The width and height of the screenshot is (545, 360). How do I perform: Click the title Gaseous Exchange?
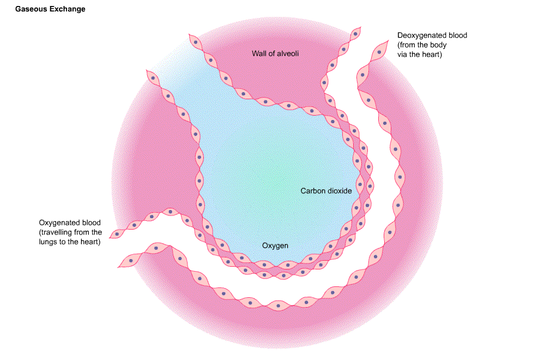tap(50, 9)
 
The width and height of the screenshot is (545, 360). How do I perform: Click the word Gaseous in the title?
tap(31, 9)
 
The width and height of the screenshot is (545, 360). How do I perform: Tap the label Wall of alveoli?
tap(275, 53)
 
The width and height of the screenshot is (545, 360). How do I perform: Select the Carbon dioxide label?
tap(326, 191)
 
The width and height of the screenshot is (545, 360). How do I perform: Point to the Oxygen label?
tap(275, 246)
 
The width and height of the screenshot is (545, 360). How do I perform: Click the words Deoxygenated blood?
tap(432, 35)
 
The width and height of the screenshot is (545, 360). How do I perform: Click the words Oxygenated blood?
tap(70, 223)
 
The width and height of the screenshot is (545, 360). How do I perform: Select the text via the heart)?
tap(419, 55)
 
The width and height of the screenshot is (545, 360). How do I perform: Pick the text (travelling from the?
tap(70, 232)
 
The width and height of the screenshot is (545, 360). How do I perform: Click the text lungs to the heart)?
tap(70, 242)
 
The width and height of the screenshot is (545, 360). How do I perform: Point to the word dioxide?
tap(340, 191)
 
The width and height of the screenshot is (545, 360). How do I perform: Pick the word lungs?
tap(49, 242)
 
